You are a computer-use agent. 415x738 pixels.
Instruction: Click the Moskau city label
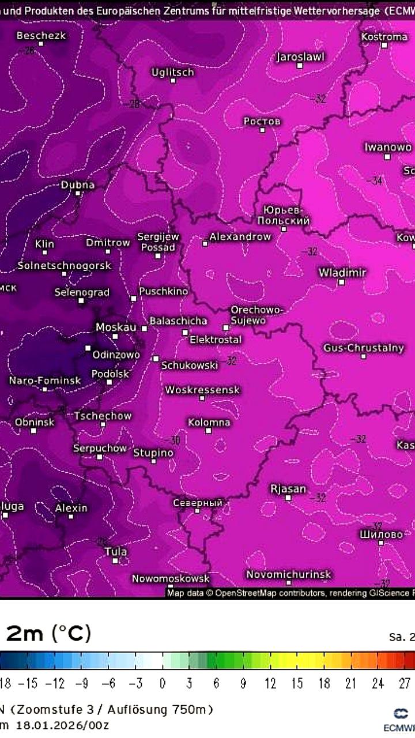coord(116,327)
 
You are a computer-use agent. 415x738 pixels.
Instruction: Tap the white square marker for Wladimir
coord(341,283)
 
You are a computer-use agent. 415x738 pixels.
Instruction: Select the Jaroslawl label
coord(300,57)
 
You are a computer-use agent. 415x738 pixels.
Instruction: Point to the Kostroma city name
coord(384,37)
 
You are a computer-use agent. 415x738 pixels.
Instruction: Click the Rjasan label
coord(288,489)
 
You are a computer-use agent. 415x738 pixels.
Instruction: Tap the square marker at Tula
coord(115,560)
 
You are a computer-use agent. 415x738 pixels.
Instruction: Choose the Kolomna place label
coord(209,423)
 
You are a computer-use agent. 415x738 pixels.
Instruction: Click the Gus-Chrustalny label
coord(363,348)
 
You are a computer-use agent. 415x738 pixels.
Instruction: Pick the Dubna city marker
coord(78,193)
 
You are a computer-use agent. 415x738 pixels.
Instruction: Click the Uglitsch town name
coord(172,72)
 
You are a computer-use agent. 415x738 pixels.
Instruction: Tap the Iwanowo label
coord(387,147)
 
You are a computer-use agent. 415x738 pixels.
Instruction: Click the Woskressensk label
coord(202,390)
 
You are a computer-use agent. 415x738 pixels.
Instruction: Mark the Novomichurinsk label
coord(289,574)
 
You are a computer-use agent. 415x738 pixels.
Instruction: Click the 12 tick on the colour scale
coord(270,684)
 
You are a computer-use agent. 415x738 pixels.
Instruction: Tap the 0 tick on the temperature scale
coord(163,684)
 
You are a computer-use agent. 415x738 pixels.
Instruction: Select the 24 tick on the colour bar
coord(378,684)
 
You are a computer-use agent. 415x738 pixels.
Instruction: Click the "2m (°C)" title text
coord(48,634)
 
